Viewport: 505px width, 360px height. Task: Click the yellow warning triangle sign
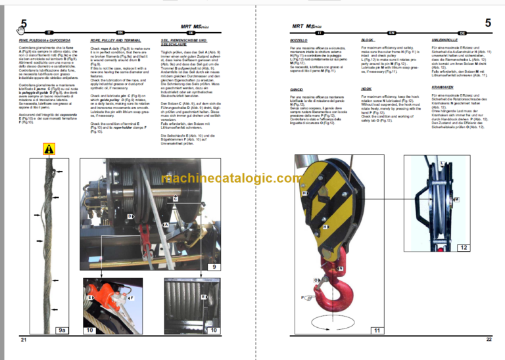coord(49,150)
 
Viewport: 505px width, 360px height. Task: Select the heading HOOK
coord(367,89)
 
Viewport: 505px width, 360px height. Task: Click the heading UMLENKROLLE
coord(445,40)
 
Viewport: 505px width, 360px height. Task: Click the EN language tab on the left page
coord(120,31)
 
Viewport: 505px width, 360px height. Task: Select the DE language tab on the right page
coord(463,32)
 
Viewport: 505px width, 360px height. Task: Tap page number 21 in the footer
coord(23,339)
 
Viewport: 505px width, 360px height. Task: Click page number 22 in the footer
coord(489,339)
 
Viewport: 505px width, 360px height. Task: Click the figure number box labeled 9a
coord(62,330)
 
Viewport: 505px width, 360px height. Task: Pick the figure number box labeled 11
coord(377,330)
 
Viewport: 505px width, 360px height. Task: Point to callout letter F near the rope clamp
coord(130,298)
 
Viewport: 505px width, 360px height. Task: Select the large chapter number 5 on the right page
coord(487,24)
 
